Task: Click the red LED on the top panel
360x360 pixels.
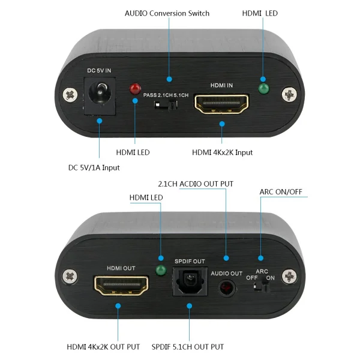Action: click(x=135, y=89)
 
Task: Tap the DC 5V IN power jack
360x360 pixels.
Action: click(x=100, y=96)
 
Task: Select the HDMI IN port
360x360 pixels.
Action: click(x=221, y=104)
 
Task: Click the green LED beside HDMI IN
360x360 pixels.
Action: click(x=263, y=89)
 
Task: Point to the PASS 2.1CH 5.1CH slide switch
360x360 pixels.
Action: click(x=166, y=106)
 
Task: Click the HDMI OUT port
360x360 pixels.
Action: click(x=121, y=286)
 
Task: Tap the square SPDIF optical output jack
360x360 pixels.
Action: click(x=190, y=281)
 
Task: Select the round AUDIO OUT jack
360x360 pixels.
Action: click(x=227, y=287)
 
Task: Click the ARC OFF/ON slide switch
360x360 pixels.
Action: click(x=261, y=287)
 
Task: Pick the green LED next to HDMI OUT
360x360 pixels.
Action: click(x=161, y=270)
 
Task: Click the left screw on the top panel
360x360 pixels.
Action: click(x=70, y=95)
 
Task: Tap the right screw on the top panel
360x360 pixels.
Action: click(x=289, y=94)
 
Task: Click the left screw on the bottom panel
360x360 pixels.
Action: click(x=70, y=277)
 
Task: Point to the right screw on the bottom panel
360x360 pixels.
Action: click(x=289, y=276)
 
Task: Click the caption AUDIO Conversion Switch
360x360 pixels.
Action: click(x=167, y=13)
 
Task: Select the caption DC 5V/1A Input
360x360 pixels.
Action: click(x=94, y=167)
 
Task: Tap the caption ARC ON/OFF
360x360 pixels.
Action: click(x=281, y=192)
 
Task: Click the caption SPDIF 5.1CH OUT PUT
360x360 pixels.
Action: click(x=188, y=347)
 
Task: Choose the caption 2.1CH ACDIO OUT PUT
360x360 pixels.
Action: click(x=196, y=184)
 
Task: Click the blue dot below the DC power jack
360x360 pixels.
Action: click(x=100, y=121)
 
